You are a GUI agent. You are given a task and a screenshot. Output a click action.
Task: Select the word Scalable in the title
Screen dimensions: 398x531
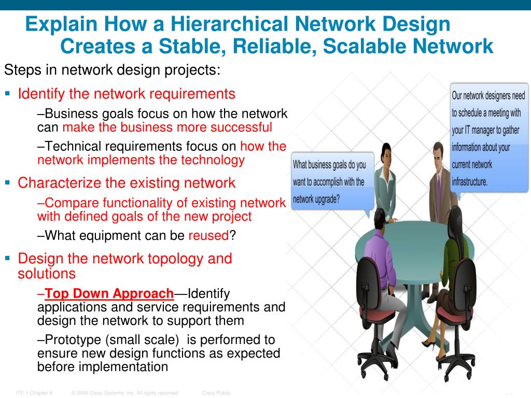click(362, 47)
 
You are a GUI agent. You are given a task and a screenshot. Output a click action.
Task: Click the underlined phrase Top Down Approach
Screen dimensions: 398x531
click(109, 294)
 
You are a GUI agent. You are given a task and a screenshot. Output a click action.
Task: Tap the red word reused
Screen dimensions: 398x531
click(208, 236)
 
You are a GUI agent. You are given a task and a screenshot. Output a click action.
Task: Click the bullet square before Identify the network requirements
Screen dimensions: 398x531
click(8, 94)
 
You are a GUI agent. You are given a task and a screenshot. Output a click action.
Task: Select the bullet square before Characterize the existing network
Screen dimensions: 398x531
click(8, 182)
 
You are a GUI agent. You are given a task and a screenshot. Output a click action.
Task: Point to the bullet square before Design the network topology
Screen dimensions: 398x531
click(8, 258)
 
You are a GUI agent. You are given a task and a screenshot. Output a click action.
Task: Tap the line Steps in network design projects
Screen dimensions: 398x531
click(112, 70)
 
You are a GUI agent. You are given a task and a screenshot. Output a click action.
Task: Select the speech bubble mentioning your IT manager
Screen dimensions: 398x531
click(488, 137)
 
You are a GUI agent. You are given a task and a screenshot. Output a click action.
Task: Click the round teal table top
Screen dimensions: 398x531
click(410, 236)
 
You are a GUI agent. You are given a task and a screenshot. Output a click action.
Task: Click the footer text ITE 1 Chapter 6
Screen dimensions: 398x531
click(34, 393)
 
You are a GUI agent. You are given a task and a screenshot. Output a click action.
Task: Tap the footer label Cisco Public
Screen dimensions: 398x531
click(216, 393)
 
